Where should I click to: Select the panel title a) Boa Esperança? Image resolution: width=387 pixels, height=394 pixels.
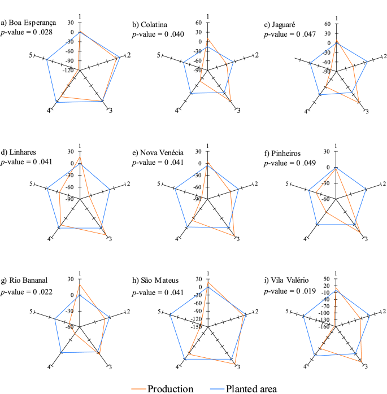click(29, 23)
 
